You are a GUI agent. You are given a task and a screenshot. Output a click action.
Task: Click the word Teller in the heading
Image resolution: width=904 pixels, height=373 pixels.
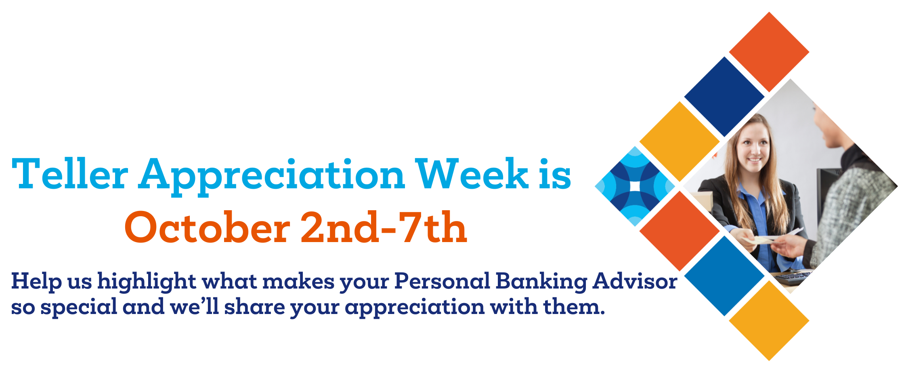(x=70, y=174)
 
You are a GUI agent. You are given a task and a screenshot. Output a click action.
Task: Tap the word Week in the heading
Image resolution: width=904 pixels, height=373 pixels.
(x=472, y=174)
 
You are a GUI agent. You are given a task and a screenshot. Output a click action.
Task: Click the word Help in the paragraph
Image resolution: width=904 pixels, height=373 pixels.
(x=36, y=281)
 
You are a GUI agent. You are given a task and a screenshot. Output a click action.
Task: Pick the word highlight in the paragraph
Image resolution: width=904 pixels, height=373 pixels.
(x=147, y=281)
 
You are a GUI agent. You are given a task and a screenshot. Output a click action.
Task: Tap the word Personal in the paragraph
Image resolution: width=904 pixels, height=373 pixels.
(x=442, y=281)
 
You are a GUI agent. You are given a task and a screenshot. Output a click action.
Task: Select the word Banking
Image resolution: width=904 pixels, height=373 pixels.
(x=541, y=282)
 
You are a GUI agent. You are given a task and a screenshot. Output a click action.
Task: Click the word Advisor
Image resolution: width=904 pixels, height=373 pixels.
(x=635, y=281)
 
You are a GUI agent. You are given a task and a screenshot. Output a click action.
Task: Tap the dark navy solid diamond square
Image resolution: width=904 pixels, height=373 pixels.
(x=724, y=97)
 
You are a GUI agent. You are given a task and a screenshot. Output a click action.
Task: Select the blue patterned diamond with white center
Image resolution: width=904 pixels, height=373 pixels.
(x=635, y=186)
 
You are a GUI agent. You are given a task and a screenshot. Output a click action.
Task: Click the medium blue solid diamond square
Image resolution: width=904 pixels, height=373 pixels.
(x=724, y=276)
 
